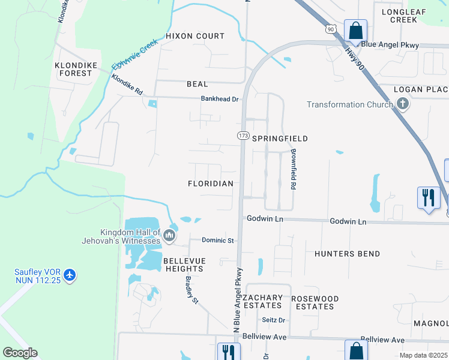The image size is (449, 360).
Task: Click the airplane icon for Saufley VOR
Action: click(x=71, y=275)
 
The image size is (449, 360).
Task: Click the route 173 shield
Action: click(x=243, y=136)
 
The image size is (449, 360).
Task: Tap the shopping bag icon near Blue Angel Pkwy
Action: click(x=355, y=30)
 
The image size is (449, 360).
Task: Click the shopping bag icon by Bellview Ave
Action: click(x=355, y=350)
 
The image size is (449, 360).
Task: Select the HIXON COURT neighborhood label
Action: click(x=195, y=36)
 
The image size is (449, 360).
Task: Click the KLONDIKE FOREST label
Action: click(x=73, y=69)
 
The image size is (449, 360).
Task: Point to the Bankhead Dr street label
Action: click(x=220, y=99)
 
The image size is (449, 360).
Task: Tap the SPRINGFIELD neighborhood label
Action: click(x=280, y=139)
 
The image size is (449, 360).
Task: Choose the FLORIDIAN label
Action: click(x=210, y=184)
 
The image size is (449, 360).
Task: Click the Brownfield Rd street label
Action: click(x=294, y=170)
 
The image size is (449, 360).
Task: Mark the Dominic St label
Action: click(x=217, y=241)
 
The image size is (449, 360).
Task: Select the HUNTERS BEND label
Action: click(x=347, y=254)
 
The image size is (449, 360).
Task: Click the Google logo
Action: click(x=20, y=353)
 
